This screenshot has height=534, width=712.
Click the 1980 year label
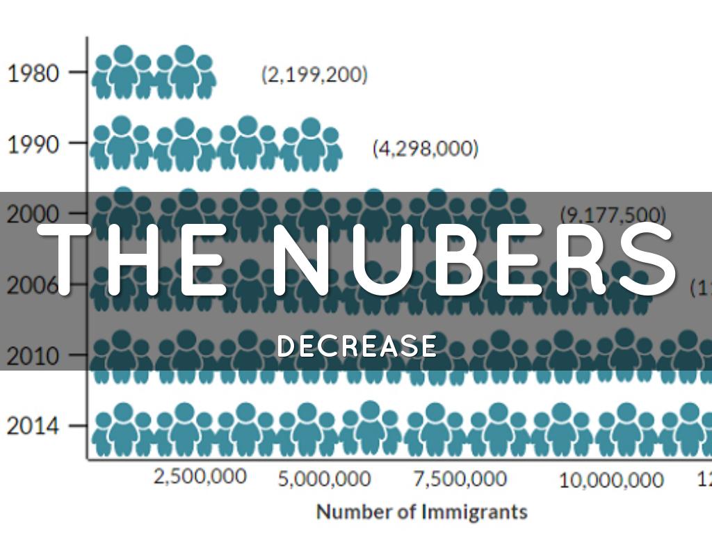[x=33, y=73]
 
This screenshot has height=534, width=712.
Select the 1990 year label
[x=33, y=144]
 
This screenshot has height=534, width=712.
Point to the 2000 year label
[x=33, y=214]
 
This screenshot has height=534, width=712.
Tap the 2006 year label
[x=33, y=285]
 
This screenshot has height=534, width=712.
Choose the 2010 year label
[x=33, y=356]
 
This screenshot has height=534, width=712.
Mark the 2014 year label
[x=33, y=426]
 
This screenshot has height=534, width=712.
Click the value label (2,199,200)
[x=314, y=74]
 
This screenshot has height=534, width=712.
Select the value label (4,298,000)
[x=426, y=148]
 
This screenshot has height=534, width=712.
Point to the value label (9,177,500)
[x=613, y=214]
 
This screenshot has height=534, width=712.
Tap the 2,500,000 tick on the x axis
[x=200, y=477]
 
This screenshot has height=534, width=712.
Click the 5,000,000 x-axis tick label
[x=325, y=480]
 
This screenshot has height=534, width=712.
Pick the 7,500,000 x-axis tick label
[x=460, y=480]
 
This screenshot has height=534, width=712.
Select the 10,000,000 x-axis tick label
[x=611, y=480]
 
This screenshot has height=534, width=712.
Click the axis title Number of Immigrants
[x=422, y=512]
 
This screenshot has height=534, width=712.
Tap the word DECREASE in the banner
[x=357, y=346]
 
